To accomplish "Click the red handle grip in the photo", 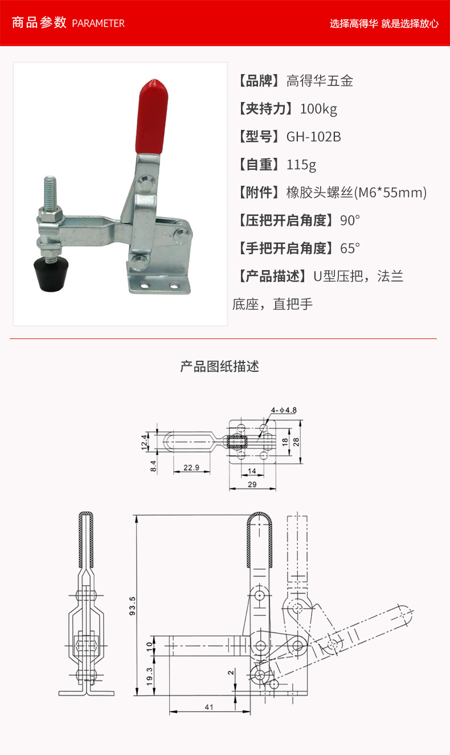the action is coord(152,117).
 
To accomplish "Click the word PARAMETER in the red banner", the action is coord(98,23).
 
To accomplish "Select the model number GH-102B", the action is coord(314,137).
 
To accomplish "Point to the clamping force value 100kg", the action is coord(318,109).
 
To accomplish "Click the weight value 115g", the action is coord(301,165).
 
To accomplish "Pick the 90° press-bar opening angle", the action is coord(350,221).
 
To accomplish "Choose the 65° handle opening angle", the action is coord(350,248).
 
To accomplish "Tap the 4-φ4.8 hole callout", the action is coord(284,410).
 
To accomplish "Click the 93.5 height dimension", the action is coord(133,606).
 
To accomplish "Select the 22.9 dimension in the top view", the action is coord(191,467).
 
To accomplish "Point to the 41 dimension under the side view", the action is coord(209,707).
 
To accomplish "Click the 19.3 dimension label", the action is coord(150,676).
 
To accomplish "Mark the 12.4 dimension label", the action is coord(144,442).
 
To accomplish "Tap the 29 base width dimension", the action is coord(252,484).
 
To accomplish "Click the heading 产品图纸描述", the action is coord(220,366).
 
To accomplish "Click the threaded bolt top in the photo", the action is coord(50,179).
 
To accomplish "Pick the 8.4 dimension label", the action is coord(153,466).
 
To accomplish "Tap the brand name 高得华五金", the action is coord(320,81).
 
